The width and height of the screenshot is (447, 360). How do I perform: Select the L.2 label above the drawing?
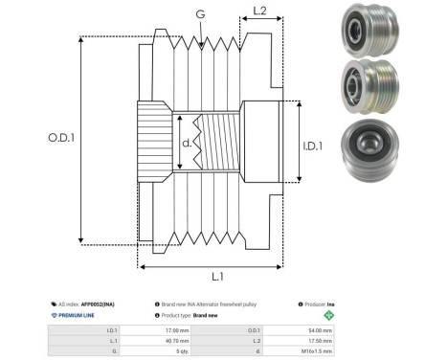click(258, 12)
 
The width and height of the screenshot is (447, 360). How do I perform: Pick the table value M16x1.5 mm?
click(317, 351)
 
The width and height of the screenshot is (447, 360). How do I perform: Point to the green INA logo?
click(330, 313)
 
